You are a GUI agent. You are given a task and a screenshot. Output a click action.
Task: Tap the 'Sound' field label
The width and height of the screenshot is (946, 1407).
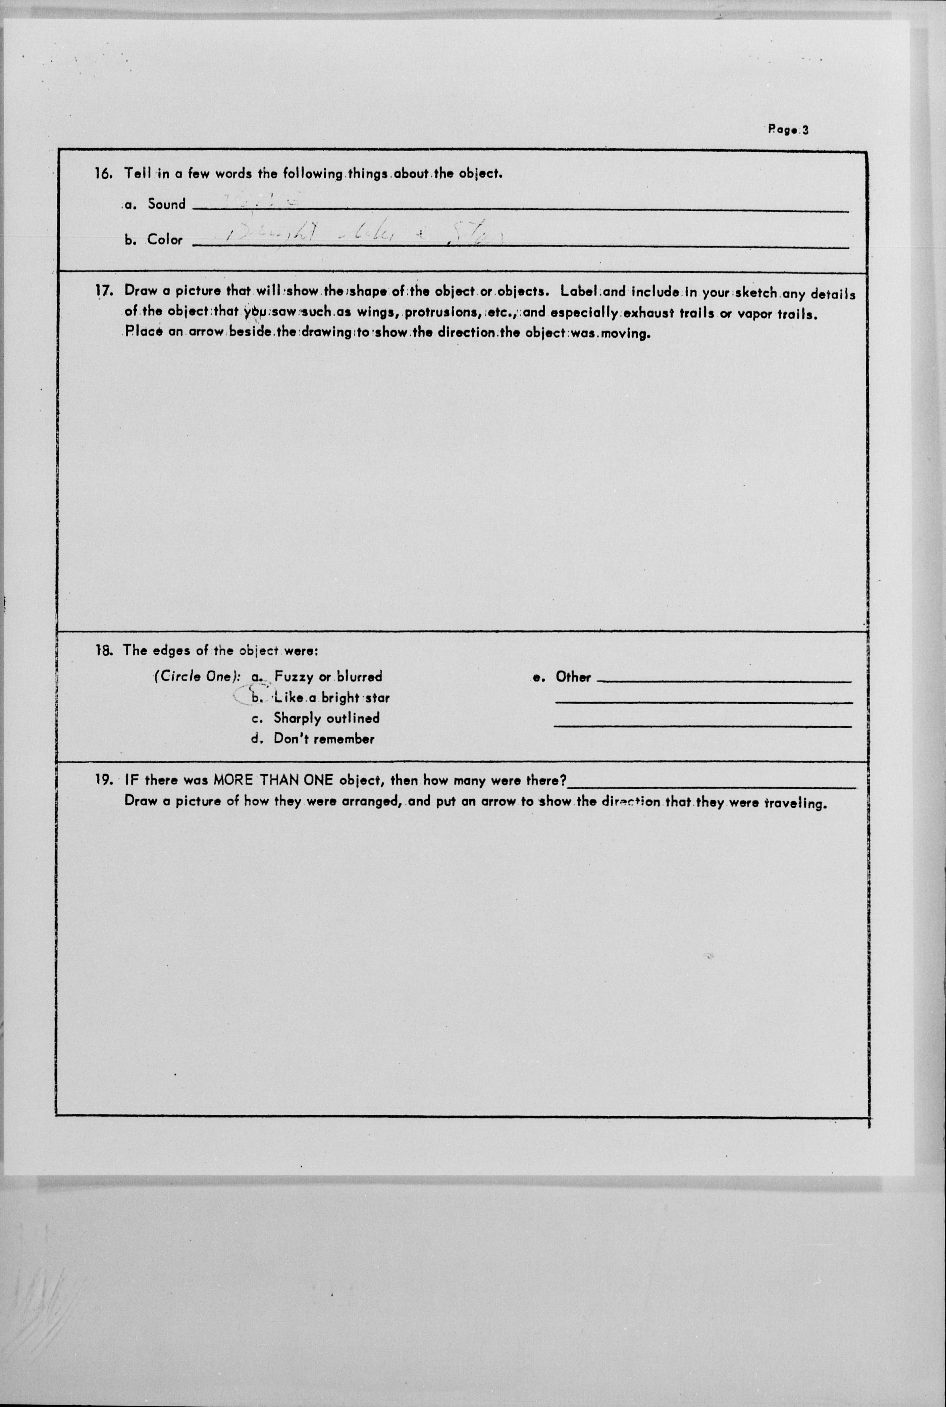pyautogui.click(x=166, y=204)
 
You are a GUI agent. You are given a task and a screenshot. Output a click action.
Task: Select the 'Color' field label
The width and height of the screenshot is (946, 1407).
pyautogui.click(x=165, y=240)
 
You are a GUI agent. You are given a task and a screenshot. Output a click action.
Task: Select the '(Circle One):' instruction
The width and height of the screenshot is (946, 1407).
pyautogui.click(x=197, y=676)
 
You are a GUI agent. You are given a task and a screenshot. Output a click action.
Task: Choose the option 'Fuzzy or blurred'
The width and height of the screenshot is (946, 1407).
pyautogui.click(x=328, y=676)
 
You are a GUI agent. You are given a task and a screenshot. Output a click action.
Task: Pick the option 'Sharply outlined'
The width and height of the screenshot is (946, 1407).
pyautogui.click(x=326, y=718)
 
